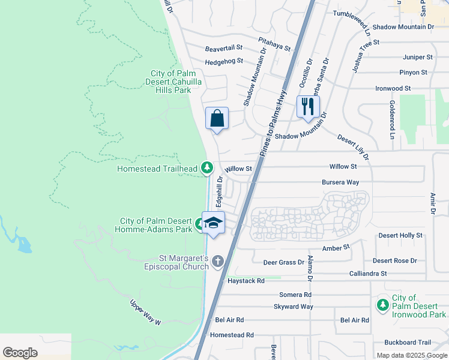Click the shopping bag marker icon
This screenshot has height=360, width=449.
(x=217, y=118)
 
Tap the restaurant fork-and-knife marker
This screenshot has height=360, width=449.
(x=307, y=107)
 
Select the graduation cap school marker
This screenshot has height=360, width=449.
(x=213, y=223)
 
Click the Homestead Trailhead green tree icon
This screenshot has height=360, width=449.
(x=207, y=167)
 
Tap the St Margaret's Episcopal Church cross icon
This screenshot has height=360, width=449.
(x=217, y=261)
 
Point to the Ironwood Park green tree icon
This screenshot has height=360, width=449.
(x=382, y=306)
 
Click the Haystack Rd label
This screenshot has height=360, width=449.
(x=246, y=281)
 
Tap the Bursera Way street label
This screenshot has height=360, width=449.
(x=340, y=182)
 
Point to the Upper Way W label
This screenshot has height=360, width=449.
(x=146, y=313)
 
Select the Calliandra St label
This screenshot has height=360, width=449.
(x=368, y=274)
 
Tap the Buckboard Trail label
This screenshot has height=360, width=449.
(x=408, y=343)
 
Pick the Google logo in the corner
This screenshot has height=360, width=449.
(x=20, y=353)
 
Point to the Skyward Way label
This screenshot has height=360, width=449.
(x=294, y=307)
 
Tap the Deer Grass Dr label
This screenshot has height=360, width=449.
(x=284, y=262)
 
